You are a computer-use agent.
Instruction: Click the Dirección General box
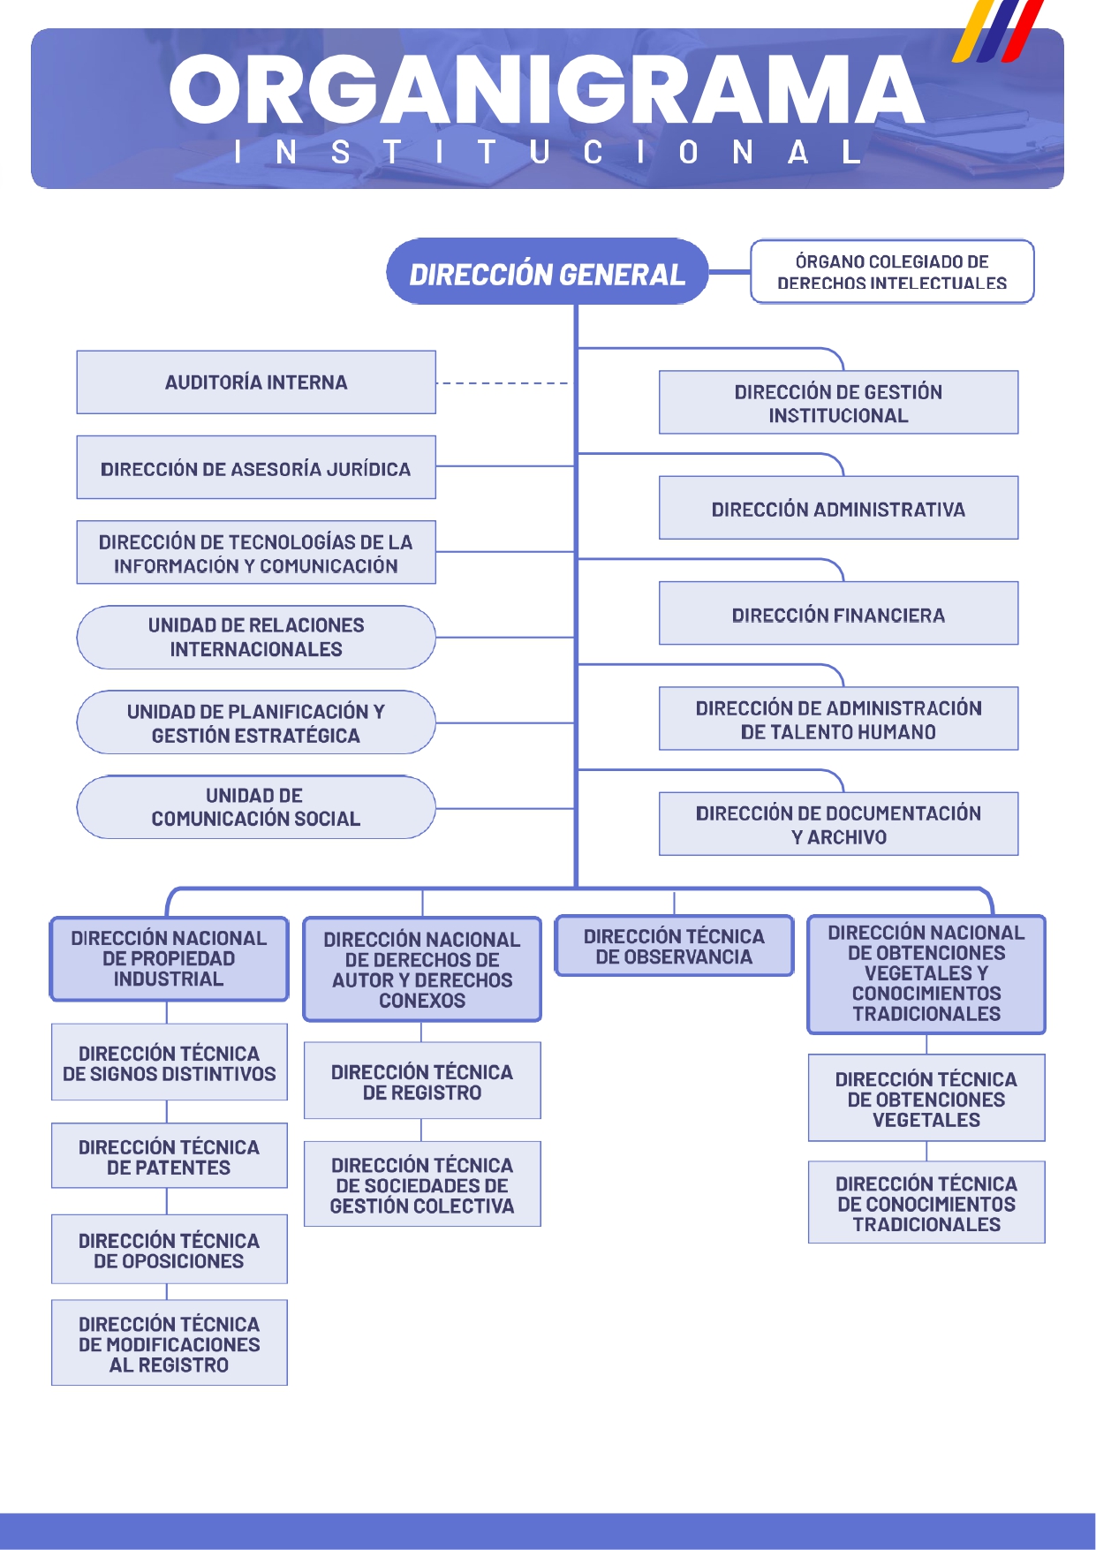tap(548, 272)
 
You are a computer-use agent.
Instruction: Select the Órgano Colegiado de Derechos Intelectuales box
tap(892, 272)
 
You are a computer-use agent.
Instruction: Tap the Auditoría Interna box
tap(256, 382)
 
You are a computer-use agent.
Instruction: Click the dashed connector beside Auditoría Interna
tap(503, 383)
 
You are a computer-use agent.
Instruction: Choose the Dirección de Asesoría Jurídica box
tap(256, 468)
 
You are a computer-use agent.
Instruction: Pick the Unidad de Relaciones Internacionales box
tap(256, 638)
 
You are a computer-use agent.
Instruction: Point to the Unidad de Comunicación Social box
tap(256, 807)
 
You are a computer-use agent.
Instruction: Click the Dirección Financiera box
tap(838, 614)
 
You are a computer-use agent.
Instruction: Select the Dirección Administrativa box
tap(838, 509)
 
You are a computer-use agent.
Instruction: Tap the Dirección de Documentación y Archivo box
tap(838, 824)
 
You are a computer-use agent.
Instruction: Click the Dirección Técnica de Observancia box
tap(674, 946)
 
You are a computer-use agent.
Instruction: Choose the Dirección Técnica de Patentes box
tap(169, 1156)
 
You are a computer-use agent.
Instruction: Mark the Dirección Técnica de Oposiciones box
tap(169, 1250)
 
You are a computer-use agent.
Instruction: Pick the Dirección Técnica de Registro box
tap(422, 1081)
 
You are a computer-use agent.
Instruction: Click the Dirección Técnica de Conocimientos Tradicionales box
tap(926, 1203)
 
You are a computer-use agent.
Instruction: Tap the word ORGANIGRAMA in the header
tap(547, 90)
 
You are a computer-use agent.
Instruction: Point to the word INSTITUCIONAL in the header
tap(547, 153)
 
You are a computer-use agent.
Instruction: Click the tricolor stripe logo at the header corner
tap(998, 32)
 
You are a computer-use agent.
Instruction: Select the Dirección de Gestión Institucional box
tap(838, 403)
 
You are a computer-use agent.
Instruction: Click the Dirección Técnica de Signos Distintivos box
tap(169, 1062)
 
